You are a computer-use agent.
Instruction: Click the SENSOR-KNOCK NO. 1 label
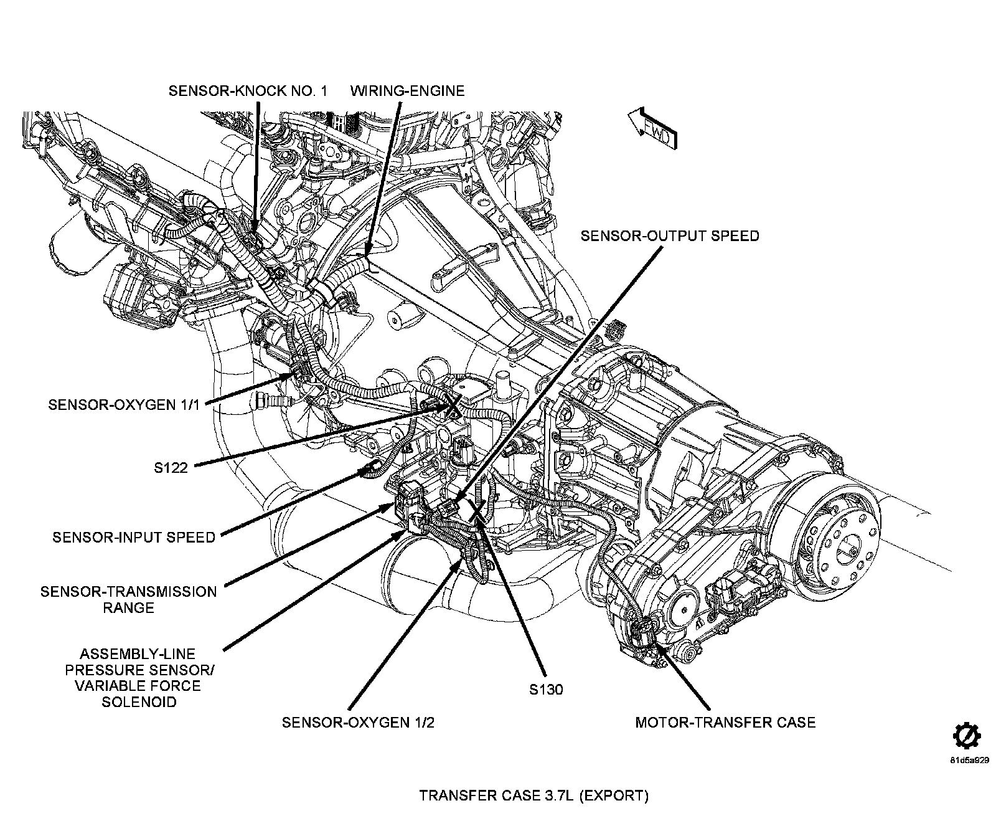(248, 91)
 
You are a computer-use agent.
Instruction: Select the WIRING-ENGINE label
(407, 91)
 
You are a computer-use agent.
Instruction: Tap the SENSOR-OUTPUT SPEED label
(670, 236)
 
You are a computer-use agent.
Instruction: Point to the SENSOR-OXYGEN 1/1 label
(124, 404)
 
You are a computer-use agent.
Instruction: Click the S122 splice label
(171, 467)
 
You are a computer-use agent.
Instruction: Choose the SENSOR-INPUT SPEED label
(134, 537)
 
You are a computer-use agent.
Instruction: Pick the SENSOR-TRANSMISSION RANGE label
(129, 599)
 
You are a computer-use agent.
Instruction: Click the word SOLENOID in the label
(138, 702)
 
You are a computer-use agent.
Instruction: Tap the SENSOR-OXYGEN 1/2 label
(358, 723)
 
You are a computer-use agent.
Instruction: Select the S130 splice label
(546, 690)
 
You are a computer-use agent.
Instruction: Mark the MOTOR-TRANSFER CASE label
(725, 723)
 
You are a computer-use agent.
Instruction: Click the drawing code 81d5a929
(969, 761)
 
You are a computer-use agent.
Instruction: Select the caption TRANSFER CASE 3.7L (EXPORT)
(533, 795)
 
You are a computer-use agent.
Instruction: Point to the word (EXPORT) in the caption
(615, 795)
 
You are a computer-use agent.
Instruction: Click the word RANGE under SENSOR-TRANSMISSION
(129, 607)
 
